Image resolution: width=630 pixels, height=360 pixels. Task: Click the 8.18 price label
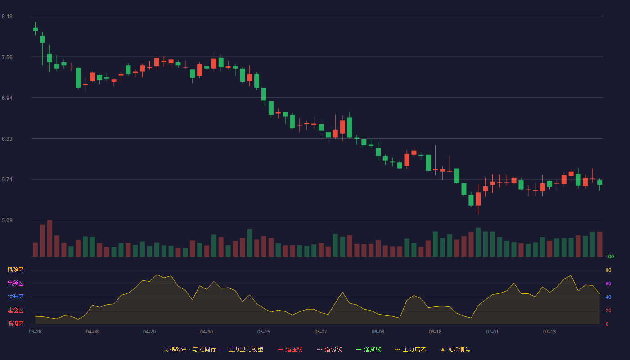point(7,17)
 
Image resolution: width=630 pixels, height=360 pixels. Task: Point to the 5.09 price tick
point(7,220)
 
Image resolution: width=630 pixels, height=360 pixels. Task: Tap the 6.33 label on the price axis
point(7,139)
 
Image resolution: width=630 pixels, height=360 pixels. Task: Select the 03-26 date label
point(35,332)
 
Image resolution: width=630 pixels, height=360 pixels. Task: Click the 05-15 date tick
point(264,332)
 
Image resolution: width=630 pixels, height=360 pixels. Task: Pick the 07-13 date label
point(549,332)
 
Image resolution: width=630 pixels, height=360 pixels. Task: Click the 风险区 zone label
point(15,270)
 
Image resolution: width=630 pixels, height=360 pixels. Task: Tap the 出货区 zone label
point(15,283)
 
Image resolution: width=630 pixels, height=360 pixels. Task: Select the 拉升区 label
point(15,297)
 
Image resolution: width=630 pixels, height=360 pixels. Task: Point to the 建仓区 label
point(15,310)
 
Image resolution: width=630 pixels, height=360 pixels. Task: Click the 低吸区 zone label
point(15,324)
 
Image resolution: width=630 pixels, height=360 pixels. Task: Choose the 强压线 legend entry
point(290,349)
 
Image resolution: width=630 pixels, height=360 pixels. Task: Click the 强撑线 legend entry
point(369,349)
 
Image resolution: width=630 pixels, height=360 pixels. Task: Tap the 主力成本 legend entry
point(410,349)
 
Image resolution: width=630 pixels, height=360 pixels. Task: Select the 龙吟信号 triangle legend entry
point(455,349)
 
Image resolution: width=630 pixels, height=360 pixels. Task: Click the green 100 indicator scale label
point(610,256)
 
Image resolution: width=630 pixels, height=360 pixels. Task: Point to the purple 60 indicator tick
point(608,283)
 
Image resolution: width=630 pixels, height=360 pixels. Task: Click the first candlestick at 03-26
point(35,29)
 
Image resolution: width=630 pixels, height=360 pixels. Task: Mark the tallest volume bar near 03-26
point(49,238)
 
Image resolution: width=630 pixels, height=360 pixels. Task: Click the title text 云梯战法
point(175,349)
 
